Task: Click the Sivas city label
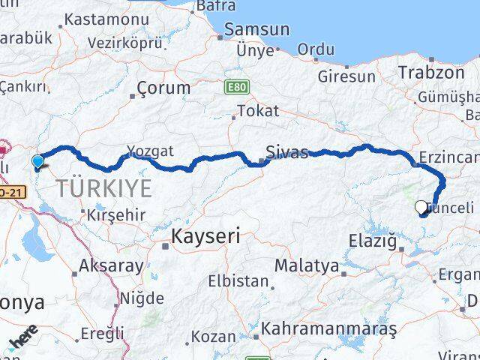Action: tap(287, 152)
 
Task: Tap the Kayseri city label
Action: tap(205, 238)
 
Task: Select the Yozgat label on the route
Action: tap(150, 151)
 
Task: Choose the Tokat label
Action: tap(257, 111)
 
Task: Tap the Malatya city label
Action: tap(306, 265)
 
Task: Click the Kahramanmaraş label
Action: tap(328, 329)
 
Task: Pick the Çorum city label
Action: tap(163, 88)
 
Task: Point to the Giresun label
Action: tap(346, 76)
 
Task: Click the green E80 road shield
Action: tap(234, 88)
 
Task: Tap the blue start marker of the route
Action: tap(37, 160)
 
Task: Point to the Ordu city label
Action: tap(316, 49)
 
